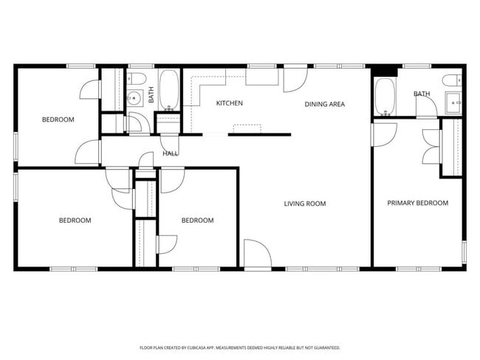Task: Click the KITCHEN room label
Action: [230, 103]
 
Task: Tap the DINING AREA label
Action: [325, 104]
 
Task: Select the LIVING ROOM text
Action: [305, 204]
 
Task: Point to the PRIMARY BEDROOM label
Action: [418, 203]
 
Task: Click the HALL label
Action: [171, 153]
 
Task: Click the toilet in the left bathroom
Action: [138, 80]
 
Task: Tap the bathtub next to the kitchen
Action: [169, 91]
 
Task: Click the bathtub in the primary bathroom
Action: [385, 95]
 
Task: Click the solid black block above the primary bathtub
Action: [383, 72]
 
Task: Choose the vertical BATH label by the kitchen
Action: [151, 95]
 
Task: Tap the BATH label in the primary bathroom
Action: [422, 94]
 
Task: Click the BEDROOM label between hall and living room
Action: [197, 220]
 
